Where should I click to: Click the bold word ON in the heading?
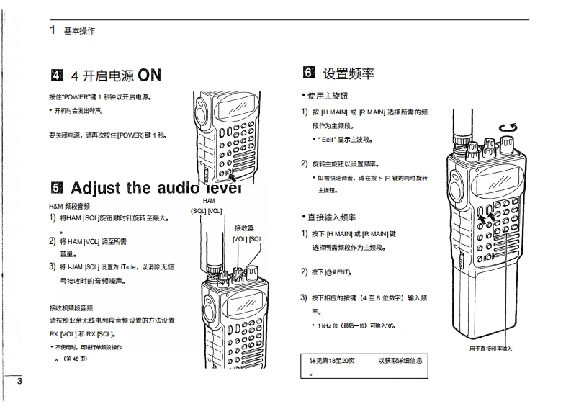point(150,75)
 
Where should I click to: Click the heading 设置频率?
point(349,73)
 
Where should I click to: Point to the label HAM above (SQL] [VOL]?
point(209,201)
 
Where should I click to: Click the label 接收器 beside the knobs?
point(245,228)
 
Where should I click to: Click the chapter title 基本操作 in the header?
point(79,31)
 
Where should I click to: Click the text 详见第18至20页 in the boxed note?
point(333,359)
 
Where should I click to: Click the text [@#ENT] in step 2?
point(336,272)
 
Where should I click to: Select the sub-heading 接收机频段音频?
point(70,307)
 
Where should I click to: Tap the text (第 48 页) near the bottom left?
point(74,359)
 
